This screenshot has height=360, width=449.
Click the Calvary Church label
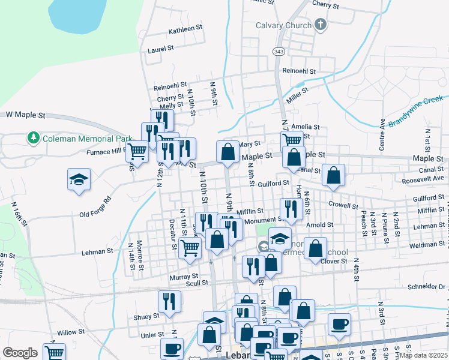[x=283, y=25]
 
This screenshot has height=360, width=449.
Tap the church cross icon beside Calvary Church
[x=321, y=25]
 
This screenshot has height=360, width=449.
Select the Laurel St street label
[x=160, y=49]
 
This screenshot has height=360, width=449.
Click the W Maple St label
[x=26, y=115]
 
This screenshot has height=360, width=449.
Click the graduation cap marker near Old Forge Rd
[x=79, y=180]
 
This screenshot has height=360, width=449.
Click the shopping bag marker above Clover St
[x=315, y=248]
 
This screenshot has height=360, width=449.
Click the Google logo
[x=20, y=353]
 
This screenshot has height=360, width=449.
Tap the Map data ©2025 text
[x=423, y=355]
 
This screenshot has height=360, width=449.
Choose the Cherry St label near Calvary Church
[x=326, y=5]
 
